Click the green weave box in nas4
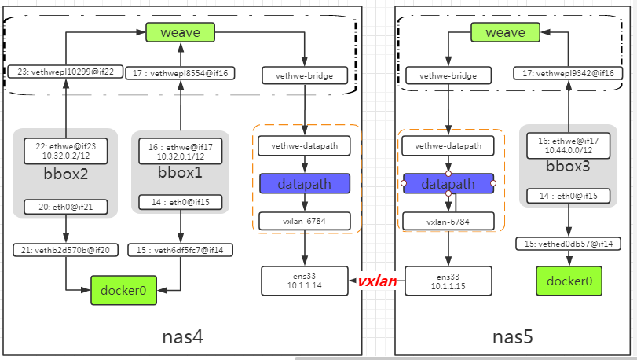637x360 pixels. click(x=180, y=32)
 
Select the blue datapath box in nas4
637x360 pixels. click(x=304, y=184)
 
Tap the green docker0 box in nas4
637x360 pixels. click(x=123, y=290)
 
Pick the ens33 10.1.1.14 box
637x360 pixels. click(x=304, y=281)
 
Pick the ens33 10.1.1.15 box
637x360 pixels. click(x=448, y=281)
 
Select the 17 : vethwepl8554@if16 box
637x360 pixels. click(x=180, y=74)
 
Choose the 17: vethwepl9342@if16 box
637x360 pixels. click(x=563, y=73)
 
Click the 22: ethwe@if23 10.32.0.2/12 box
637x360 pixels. click(x=65, y=151)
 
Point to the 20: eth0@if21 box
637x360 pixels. click(x=65, y=207)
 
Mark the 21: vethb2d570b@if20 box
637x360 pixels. click(x=65, y=250)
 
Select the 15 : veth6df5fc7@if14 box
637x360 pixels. click(x=180, y=250)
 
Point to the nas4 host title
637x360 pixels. click(x=182, y=337)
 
